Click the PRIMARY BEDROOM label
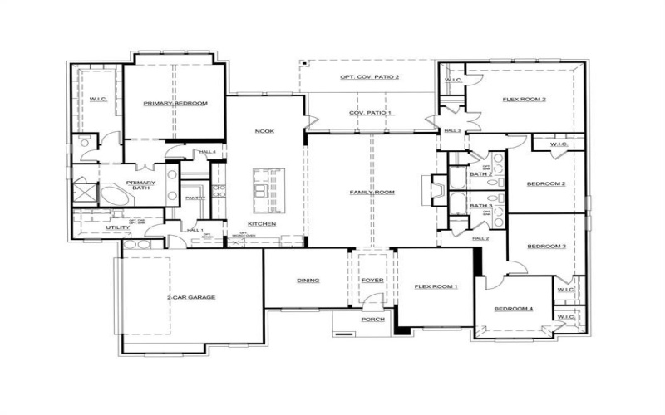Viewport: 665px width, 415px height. coord(175,103)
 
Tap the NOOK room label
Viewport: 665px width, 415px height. coord(264,131)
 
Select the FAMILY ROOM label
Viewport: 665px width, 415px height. coord(371,192)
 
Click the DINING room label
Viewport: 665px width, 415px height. coord(308,281)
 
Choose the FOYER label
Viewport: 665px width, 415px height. coord(372,281)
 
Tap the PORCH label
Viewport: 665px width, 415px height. coord(372,319)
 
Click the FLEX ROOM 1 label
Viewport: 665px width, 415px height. coord(436,286)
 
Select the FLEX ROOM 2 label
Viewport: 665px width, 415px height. coord(524,100)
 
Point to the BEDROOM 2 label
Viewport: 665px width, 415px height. coord(546,183)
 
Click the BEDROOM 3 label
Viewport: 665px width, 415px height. coord(546,246)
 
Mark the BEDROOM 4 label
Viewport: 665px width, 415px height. coord(514,310)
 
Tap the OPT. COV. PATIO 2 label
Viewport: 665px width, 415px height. coord(370,77)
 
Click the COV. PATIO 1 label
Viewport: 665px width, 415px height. coord(371,112)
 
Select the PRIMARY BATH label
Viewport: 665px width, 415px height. coord(140,186)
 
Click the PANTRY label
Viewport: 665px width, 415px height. coord(195,198)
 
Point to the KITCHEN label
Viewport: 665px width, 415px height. coord(263,224)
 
